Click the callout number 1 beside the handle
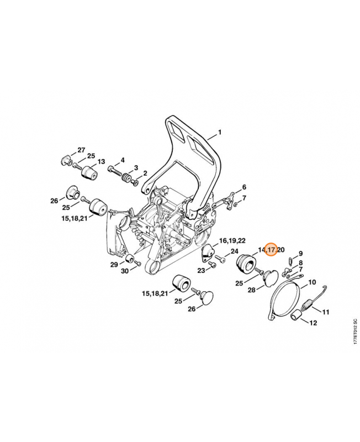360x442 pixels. [220, 132]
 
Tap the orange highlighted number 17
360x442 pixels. [272, 250]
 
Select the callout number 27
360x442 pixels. [81, 150]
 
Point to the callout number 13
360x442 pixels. [101, 161]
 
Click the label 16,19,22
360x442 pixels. [232, 241]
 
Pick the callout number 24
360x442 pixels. [234, 251]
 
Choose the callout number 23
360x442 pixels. [201, 271]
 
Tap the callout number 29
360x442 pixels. [114, 265]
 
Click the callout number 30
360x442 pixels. [124, 271]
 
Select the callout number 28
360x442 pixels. [252, 290]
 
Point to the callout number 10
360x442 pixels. [312, 282]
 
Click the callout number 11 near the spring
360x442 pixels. [326, 312]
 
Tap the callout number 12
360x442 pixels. [313, 323]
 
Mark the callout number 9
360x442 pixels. [300, 254]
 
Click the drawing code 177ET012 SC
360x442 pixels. [356, 331]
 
